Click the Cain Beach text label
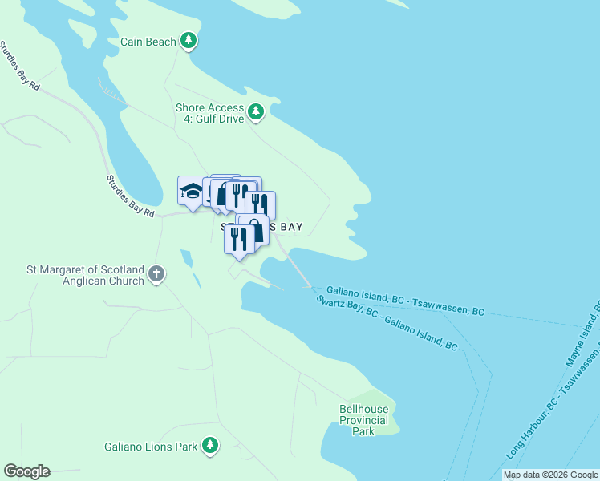[148, 42]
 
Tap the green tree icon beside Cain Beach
[188, 40]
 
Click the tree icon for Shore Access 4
[256, 111]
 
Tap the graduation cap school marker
[191, 192]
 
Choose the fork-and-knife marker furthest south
[239, 239]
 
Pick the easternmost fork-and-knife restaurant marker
[261, 204]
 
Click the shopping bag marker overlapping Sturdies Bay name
[255, 230]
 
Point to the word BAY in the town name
[290, 228]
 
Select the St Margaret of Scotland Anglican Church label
[85, 275]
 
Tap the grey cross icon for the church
[156, 274]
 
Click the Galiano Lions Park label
[151, 447]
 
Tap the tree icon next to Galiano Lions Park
[210, 445]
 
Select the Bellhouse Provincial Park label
[363, 420]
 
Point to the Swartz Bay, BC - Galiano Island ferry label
[387, 323]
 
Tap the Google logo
[26, 471]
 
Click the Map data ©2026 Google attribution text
[550, 475]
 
